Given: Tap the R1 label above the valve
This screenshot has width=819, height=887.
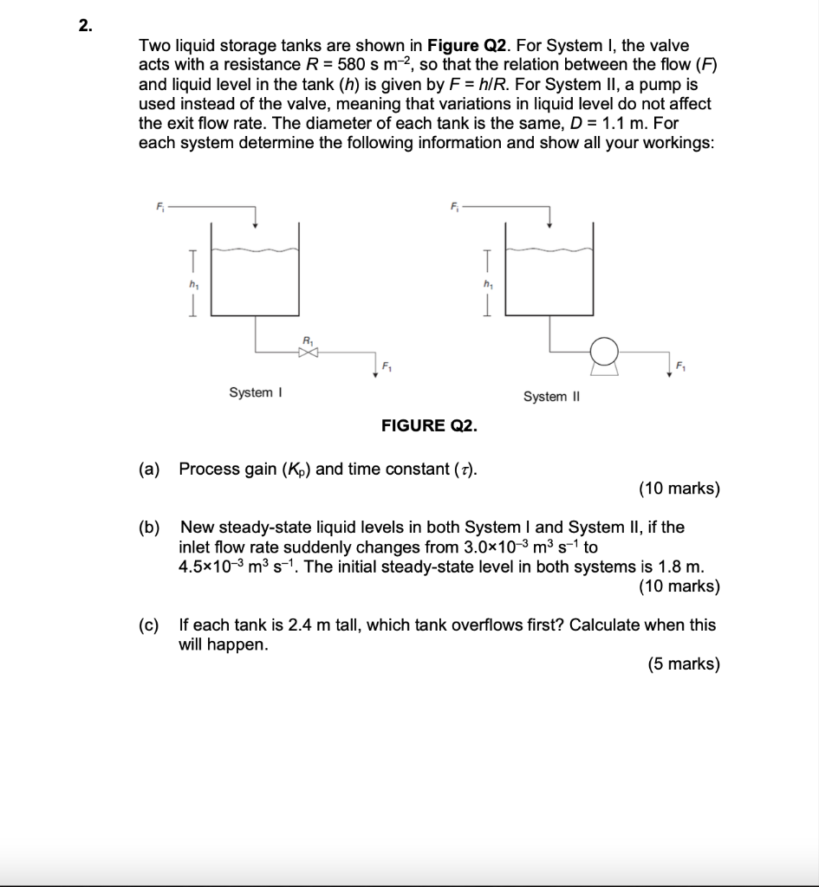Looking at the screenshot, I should pyautogui.click(x=308, y=340).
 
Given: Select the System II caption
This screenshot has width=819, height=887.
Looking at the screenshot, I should pyautogui.click(x=550, y=396).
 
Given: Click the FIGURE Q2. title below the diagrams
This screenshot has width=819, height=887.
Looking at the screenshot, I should pyautogui.click(x=428, y=426).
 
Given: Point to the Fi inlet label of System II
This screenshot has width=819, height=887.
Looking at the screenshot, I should pyautogui.click(x=454, y=206).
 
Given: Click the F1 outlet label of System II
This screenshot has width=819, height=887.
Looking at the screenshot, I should pyautogui.click(x=681, y=367).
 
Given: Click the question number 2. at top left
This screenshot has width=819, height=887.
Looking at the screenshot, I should pyautogui.click(x=85, y=26).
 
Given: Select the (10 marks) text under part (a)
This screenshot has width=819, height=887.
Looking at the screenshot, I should pyautogui.click(x=679, y=489).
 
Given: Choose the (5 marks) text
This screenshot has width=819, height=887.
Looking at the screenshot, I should pyautogui.click(x=683, y=664).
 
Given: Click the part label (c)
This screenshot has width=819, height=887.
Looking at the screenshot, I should pyautogui.click(x=149, y=625).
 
